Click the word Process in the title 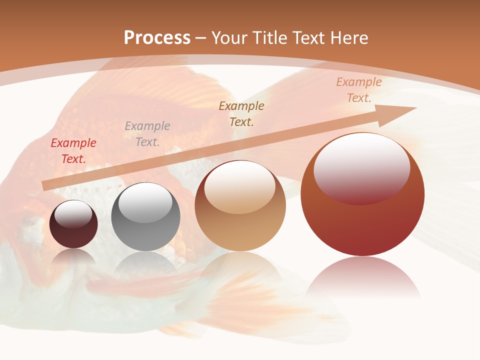click(157, 38)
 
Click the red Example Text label click(73, 151)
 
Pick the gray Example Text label click(147, 134)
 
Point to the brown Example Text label click(241, 113)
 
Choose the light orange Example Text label click(358, 90)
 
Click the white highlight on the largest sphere click(361, 167)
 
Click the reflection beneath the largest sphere click(362, 277)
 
